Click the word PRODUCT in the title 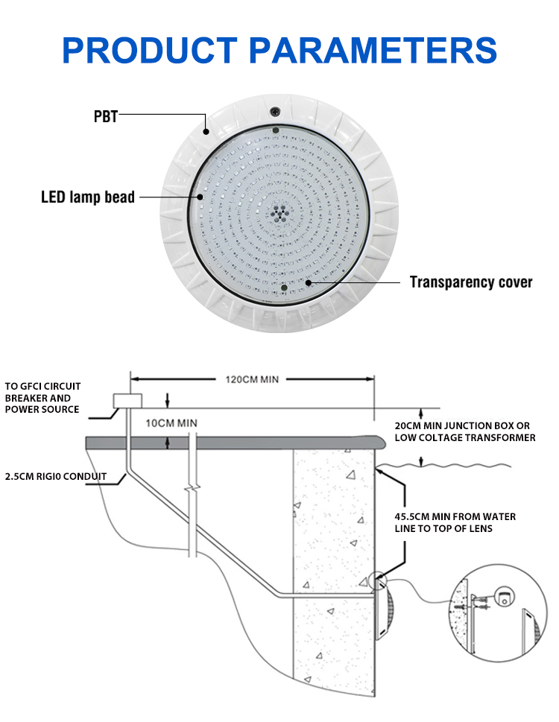150,50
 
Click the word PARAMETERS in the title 373,50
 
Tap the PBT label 106,116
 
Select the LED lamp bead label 88,197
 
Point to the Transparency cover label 471,282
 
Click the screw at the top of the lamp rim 275,111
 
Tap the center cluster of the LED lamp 278,214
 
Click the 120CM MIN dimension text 252,379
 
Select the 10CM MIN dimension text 171,423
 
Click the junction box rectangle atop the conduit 127,401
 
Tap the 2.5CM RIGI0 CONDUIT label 56,476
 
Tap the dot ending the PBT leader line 206,132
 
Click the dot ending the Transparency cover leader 309,282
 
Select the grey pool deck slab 236,443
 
